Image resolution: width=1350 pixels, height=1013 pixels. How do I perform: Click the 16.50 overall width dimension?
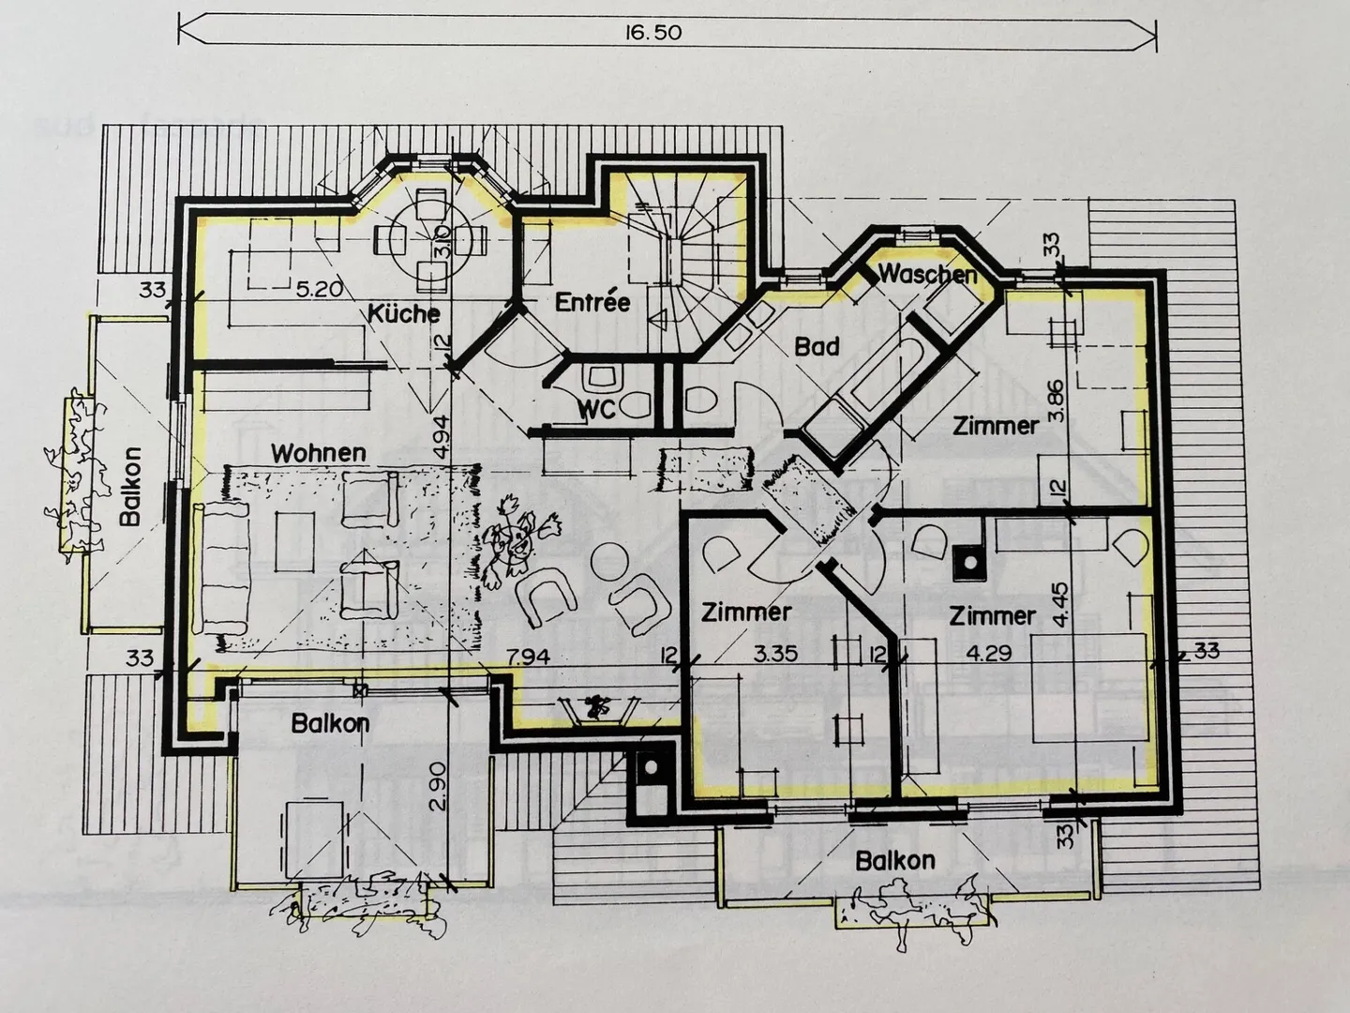pos(653,32)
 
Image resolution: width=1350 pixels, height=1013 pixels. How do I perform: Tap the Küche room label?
pos(404,313)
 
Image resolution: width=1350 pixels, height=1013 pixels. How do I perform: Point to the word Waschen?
pos(927,274)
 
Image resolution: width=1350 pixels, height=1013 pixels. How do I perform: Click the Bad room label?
pos(817,347)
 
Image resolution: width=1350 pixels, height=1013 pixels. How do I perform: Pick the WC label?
pos(597,409)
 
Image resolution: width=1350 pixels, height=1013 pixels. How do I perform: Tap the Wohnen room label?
pos(319,453)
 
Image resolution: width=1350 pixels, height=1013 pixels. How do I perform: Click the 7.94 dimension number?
pos(528,657)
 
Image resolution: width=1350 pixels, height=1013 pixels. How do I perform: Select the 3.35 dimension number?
pos(776,653)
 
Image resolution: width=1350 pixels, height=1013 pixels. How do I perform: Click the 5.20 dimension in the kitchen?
pos(319,289)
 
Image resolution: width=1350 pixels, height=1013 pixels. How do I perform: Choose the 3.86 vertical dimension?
pos(1056,400)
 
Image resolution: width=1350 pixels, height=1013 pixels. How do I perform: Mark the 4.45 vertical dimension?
pos(1061,605)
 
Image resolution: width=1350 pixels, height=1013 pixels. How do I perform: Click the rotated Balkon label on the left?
pos(130,487)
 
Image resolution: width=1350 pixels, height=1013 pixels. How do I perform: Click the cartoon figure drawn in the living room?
pos(517,541)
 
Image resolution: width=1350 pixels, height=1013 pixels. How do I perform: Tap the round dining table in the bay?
pos(429,240)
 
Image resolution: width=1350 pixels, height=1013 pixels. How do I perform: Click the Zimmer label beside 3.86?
pos(996,426)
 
